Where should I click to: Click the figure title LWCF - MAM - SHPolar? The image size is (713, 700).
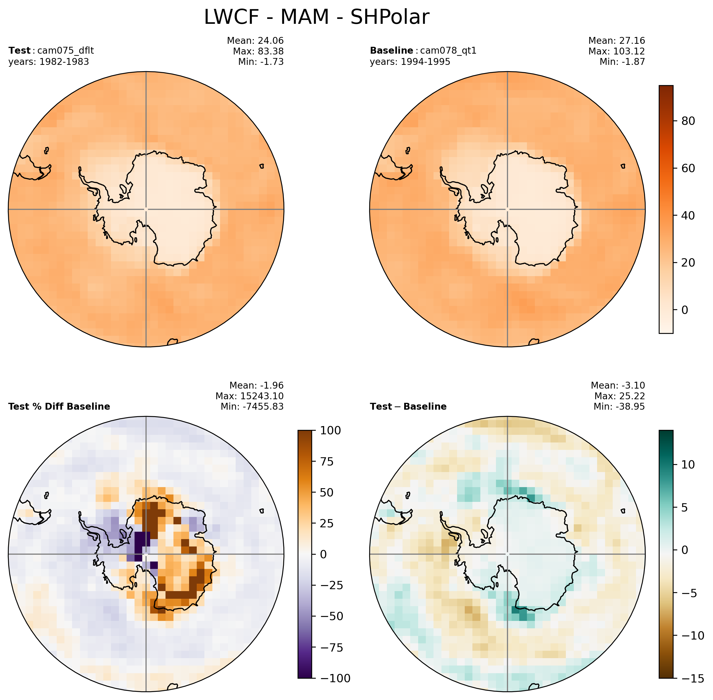[x=316, y=17]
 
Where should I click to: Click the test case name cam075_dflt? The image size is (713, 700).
[x=65, y=50]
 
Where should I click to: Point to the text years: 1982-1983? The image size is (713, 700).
[x=49, y=62]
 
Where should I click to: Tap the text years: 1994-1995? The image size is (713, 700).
[x=410, y=62]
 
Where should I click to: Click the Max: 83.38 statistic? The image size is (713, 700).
[x=258, y=51]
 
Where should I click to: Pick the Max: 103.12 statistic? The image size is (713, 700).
[x=617, y=51]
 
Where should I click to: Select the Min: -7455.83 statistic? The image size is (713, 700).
[x=252, y=407]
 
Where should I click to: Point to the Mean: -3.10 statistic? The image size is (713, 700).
[x=618, y=385]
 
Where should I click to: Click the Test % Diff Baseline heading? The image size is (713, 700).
[x=59, y=407]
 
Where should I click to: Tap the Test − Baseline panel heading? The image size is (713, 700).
[x=408, y=407]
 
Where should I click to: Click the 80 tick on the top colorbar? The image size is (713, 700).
[x=688, y=121]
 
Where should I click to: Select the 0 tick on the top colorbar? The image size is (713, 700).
[x=684, y=310]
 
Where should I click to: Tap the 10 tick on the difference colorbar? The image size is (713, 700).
[x=688, y=465]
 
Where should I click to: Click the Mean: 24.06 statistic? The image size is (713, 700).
[x=255, y=41]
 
